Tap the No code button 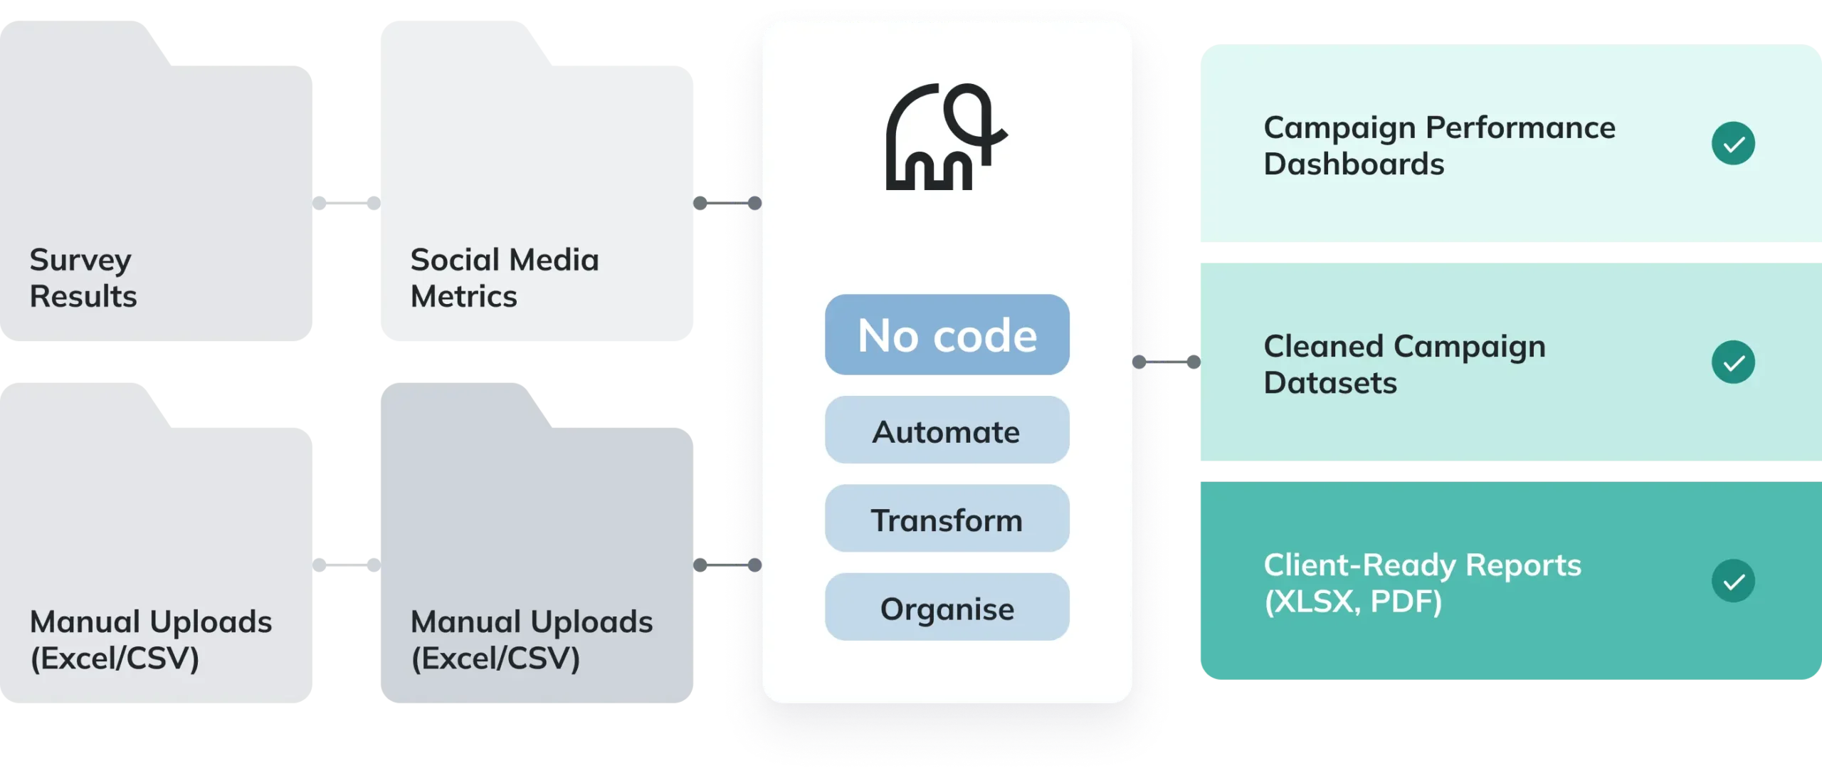947,335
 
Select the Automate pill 947,431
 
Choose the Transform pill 947,519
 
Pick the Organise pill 947,607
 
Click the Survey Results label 83,278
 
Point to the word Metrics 464,296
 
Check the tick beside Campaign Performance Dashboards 1733,144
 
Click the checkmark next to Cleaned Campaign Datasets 1733,362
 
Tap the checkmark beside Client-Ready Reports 1733,581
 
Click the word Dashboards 1354,164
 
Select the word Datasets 1330,383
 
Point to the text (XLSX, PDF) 1353,602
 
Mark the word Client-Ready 1359,565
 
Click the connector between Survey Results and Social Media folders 344,203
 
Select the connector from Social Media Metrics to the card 728,203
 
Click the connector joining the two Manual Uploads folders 344,565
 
